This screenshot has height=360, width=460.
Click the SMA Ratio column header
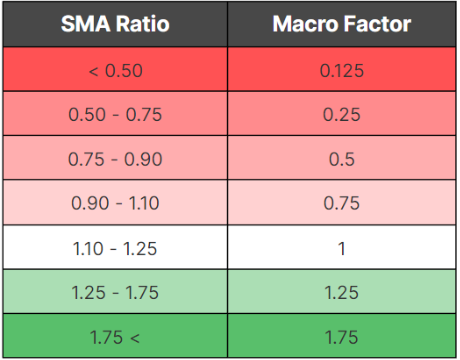[x=115, y=25]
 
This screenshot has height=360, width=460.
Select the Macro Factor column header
[x=342, y=25]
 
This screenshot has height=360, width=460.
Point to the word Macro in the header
[x=306, y=25]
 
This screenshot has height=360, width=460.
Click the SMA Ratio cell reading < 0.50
[x=115, y=70]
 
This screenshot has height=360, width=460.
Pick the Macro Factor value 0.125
[x=342, y=70]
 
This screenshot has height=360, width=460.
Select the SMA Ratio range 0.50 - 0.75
[x=115, y=114]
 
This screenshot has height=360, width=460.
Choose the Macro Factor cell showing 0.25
[x=342, y=114]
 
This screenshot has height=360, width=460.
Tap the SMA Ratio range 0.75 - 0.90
[x=115, y=159]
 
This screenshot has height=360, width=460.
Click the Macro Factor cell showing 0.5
[x=342, y=159]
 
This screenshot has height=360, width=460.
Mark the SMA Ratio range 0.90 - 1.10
[x=115, y=203]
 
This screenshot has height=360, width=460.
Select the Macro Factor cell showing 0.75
[x=342, y=203]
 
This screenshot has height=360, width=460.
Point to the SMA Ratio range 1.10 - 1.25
[x=115, y=248]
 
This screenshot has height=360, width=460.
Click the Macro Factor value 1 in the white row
[x=342, y=248]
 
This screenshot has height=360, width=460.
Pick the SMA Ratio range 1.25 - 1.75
[x=115, y=292]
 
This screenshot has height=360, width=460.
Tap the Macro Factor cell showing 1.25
[x=342, y=292]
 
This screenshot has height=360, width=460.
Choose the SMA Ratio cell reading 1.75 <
[x=115, y=336]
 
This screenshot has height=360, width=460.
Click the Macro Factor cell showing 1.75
[x=342, y=336]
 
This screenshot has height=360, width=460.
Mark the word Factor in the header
[x=375, y=25]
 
